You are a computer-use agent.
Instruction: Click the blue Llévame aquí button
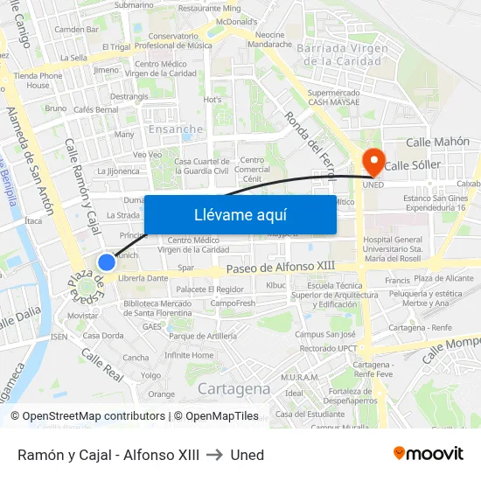[240, 215]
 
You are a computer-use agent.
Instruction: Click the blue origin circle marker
[107, 262]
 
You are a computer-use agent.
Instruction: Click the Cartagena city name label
[234, 388]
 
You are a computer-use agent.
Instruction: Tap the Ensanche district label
[176, 129]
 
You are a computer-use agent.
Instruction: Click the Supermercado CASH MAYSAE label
[335, 97]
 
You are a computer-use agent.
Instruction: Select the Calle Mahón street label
[438, 142]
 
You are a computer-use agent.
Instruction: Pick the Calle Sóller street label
[413, 164]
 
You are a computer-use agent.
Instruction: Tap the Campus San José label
[325, 334]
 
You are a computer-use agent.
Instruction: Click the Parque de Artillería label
[203, 336]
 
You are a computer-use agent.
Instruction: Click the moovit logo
[429, 453]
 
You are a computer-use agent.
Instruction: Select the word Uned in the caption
[247, 455]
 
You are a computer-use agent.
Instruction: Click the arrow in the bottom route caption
[214, 455]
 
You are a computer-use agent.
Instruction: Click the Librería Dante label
[143, 278]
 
